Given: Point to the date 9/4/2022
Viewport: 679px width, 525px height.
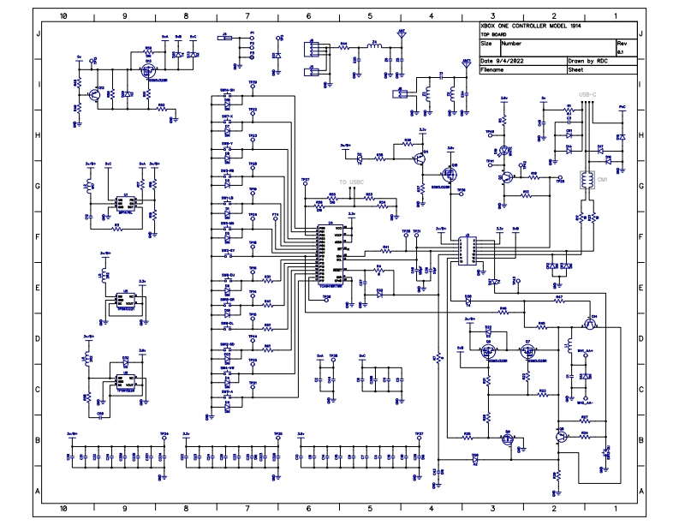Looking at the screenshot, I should click(511, 62).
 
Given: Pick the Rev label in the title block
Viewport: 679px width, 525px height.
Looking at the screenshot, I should click(622, 42).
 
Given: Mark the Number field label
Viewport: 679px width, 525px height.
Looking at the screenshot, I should click(511, 42).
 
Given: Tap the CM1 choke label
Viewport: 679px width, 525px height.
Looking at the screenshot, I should click(602, 181).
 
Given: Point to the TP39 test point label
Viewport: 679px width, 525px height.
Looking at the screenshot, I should click(253, 84).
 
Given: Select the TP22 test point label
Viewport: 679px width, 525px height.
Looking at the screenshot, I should click(253, 110).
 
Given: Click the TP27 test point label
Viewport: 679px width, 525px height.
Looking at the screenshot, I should click(305, 181).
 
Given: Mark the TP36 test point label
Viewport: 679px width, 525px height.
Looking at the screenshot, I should click(461, 189).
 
